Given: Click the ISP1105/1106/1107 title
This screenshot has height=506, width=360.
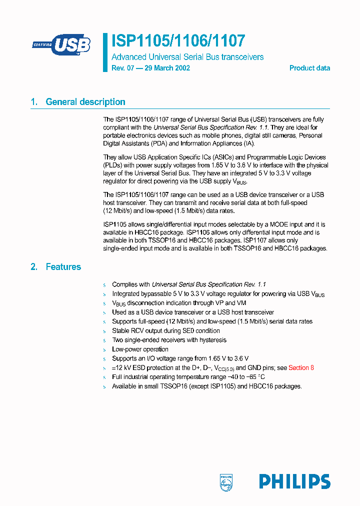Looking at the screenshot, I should point(178,40).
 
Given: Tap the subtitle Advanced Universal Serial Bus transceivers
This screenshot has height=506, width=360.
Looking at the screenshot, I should point(187,57).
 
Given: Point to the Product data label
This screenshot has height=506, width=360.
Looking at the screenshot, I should point(309,68).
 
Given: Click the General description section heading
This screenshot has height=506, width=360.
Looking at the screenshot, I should point(85,102).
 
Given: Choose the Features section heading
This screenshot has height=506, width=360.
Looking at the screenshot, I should point(63,267).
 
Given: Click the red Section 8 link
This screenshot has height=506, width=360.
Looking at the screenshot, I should point(301,367).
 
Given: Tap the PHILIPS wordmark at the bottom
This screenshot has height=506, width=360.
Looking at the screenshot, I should point(294,481).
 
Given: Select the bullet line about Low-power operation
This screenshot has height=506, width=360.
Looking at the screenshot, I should point(140,349).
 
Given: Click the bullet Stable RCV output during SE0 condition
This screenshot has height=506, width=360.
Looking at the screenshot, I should point(165,330).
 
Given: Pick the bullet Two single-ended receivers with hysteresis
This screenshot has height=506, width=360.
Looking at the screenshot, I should point(169,340).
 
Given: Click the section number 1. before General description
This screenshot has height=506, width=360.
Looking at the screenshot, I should point(34,102).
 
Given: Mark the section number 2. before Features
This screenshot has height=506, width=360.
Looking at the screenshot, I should point(34,267).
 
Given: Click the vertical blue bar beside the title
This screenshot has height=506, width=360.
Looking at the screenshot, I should point(105,52).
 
